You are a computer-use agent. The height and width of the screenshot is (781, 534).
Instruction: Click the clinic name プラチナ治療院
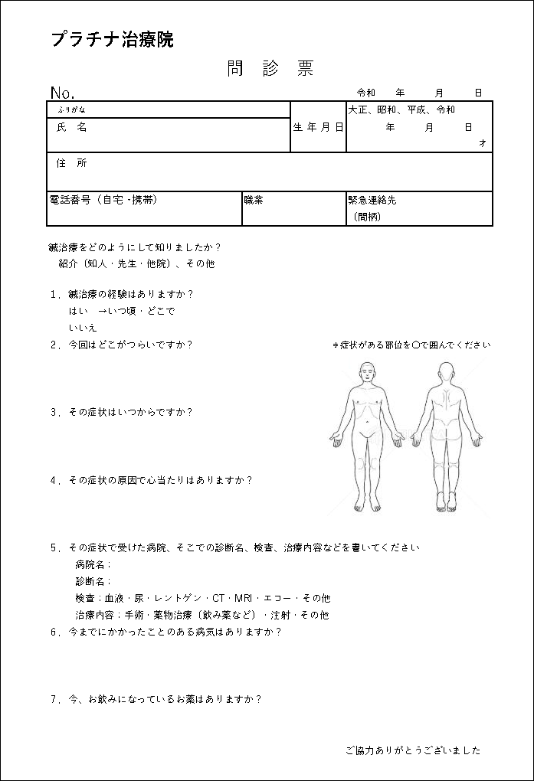pos(113,40)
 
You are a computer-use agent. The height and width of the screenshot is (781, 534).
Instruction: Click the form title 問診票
pos(270,69)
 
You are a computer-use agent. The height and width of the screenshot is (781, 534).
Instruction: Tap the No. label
pos(62,93)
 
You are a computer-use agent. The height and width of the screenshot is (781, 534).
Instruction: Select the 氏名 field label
pos(72,128)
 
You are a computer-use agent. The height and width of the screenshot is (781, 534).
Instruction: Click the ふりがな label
pos(71,109)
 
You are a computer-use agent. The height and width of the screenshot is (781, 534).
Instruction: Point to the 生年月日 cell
pos(318,128)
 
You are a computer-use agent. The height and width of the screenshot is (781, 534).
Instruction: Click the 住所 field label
pos(72,163)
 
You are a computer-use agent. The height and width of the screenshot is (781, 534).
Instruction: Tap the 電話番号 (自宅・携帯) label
pos(103,200)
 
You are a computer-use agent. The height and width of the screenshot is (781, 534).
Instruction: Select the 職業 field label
pos(254,200)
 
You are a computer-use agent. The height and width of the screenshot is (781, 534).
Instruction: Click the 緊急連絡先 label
pos(372,200)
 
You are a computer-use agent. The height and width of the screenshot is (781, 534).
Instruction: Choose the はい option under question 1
pos(78,312)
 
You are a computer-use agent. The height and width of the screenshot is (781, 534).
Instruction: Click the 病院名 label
pos(93,564)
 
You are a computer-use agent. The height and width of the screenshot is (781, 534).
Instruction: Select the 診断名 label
pos(93,581)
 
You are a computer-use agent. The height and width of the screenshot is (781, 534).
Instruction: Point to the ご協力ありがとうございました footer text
pos(413,750)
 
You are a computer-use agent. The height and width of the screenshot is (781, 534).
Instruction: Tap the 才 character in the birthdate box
pos(482,142)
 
